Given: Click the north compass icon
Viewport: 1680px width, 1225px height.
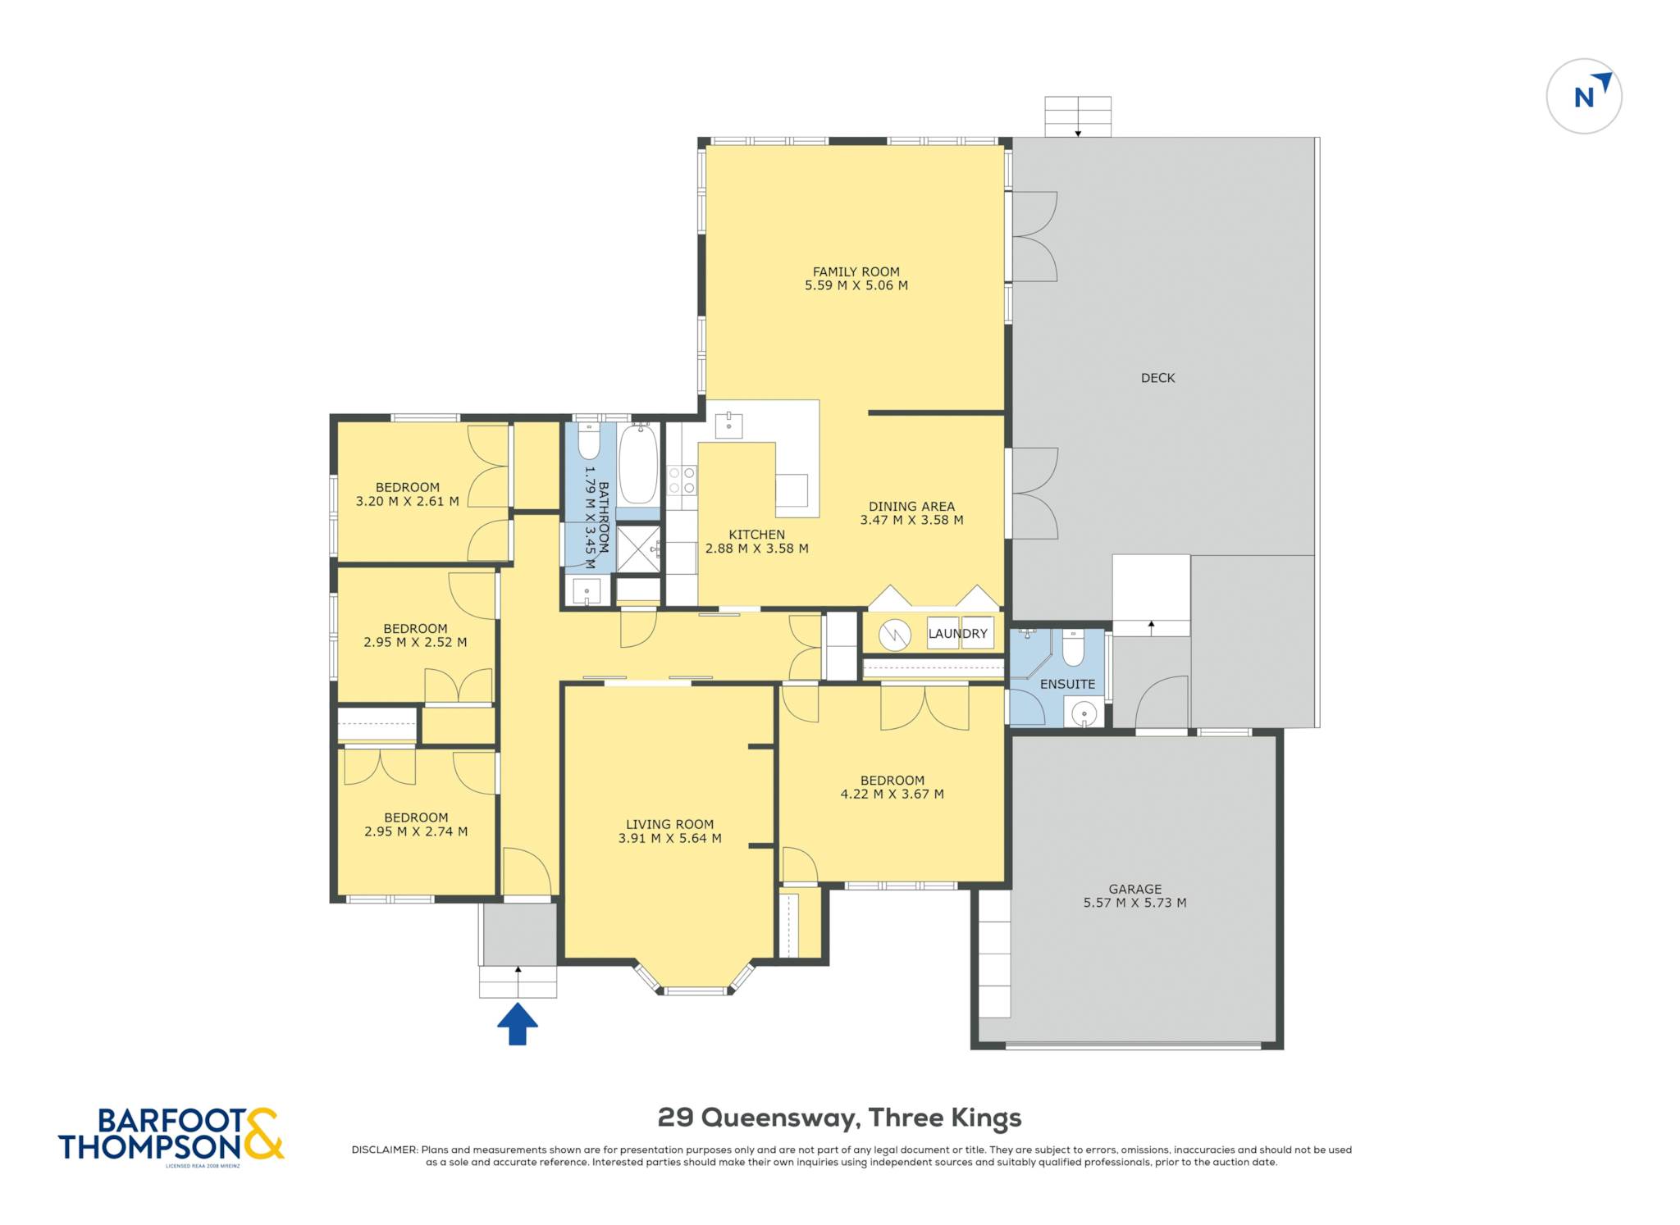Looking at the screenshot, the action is pos(1584,96).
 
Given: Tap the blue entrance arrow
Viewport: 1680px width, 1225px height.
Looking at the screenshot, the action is pos(518,1024).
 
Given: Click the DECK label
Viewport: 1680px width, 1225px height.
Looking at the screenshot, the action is pos(1157,378).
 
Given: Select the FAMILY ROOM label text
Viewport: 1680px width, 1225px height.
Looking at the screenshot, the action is pos(856,271).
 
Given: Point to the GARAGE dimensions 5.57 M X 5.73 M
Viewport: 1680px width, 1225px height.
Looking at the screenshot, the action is pos(1134,903).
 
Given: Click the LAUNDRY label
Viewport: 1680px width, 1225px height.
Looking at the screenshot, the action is pos(957,634).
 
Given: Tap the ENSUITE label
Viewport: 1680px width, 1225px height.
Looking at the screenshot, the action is pos(1067,684).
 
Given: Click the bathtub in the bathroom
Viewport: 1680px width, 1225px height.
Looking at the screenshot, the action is pos(638,465).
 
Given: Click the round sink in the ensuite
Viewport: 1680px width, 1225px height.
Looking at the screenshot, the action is pos(1084,713).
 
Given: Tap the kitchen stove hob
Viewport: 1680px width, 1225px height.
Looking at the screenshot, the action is pos(682,480).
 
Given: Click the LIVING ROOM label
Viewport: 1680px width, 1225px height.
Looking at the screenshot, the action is pos(669,824).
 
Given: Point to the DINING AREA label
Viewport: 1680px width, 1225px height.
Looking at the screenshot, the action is pos(911,506).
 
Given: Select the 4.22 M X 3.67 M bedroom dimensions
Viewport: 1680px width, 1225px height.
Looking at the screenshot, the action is pos(892,794).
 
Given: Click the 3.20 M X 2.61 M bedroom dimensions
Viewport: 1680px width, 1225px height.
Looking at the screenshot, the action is pos(407,501).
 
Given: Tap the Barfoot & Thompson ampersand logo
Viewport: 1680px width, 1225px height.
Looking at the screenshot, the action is pos(262,1133).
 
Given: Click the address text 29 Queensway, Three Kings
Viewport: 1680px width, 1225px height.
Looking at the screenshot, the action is pos(840,1118).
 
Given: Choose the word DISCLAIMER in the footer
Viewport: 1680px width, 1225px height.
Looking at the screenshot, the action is pos(385,1150).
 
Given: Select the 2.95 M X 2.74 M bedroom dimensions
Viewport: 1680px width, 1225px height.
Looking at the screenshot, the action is pos(416,831).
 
